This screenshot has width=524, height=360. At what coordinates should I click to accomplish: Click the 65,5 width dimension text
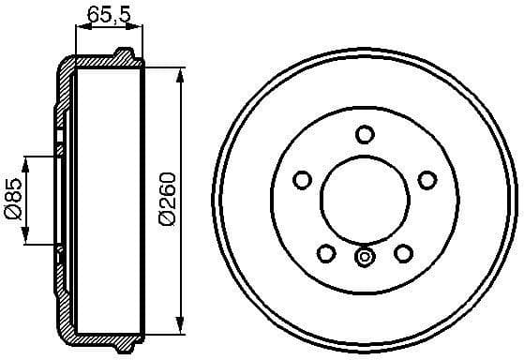point(107,13)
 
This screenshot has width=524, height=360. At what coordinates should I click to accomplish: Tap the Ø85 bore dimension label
point(12,200)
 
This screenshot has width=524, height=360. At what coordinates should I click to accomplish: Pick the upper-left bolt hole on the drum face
point(303,179)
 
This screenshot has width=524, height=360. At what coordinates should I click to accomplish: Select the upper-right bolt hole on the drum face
point(427,179)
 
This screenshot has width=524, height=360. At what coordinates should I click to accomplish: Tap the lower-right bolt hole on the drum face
point(404,252)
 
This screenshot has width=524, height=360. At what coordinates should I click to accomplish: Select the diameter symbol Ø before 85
point(12,215)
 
